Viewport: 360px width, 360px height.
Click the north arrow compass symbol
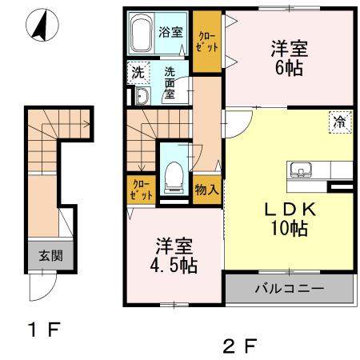tap(38, 26)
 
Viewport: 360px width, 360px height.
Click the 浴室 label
tap(170, 33)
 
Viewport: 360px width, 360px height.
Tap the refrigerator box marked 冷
tap(340, 124)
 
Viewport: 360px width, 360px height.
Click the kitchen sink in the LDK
tap(302, 170)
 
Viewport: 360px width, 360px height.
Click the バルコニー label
tap(289, 289)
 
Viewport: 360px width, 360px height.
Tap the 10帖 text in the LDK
tap(289, 226)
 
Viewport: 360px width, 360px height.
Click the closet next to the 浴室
tap(207, 42)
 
